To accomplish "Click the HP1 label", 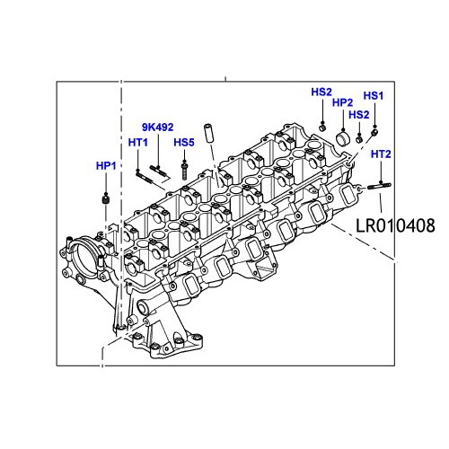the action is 106,166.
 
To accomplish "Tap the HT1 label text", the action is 138,143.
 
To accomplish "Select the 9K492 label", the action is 157,128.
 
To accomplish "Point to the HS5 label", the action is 184,143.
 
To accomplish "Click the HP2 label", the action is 342,102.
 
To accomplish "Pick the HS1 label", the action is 374,96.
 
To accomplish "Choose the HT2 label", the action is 381,154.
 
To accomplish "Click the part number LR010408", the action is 395,225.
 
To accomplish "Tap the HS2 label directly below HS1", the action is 359,114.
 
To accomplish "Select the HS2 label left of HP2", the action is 321,92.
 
